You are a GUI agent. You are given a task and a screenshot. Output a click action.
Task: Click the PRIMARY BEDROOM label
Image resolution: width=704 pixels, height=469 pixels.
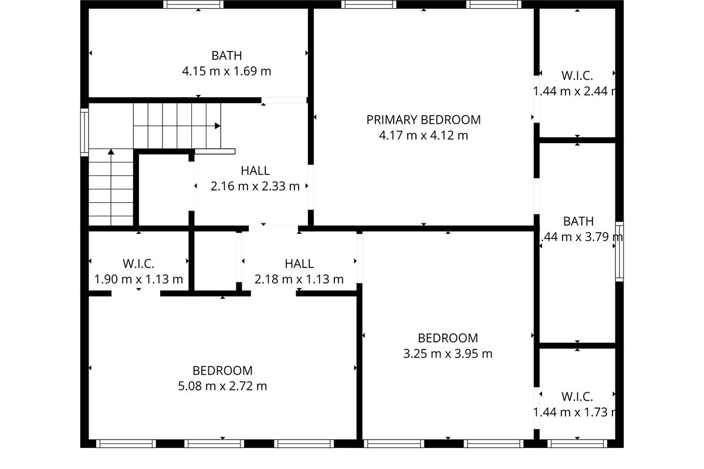423,120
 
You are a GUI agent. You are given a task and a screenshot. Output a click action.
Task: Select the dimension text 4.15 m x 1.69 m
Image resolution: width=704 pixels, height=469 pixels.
226,72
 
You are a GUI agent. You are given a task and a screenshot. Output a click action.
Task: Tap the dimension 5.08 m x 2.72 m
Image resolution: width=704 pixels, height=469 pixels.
222,386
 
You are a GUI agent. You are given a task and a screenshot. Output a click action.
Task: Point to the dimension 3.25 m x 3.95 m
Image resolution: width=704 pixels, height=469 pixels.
448,354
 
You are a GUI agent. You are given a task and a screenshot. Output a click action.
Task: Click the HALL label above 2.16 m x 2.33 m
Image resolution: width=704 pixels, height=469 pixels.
255,171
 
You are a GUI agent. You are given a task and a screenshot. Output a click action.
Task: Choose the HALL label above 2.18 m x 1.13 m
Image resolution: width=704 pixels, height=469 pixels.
299,264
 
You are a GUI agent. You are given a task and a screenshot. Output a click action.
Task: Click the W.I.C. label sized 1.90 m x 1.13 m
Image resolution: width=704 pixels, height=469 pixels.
138,264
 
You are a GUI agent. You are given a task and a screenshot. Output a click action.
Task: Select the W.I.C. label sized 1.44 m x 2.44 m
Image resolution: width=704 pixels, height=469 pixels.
577,76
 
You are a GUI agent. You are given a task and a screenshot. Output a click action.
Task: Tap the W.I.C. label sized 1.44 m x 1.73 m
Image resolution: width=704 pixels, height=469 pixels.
577,396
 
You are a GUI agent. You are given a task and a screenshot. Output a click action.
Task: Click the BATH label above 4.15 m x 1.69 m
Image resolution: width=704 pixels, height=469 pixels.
226,56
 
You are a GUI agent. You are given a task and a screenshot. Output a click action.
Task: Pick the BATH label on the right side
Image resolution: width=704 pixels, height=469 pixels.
578,221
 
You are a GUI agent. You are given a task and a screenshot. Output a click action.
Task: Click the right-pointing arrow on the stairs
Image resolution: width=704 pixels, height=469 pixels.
217,125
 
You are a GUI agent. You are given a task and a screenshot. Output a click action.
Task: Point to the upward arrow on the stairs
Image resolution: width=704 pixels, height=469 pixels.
111,152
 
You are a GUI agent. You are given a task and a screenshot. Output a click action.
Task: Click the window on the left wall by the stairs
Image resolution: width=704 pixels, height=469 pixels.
84,133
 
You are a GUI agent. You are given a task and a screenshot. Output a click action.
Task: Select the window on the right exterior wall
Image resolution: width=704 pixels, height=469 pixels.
619,252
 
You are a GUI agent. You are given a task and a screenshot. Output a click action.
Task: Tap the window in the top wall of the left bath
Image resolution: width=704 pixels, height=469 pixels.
193,5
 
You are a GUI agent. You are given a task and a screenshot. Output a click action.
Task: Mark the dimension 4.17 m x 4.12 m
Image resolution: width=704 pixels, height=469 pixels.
423,136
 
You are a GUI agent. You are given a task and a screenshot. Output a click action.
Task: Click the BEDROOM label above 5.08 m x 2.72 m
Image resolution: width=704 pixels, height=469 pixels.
222,371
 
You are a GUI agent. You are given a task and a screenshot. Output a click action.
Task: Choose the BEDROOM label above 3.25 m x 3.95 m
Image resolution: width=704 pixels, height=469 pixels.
448,338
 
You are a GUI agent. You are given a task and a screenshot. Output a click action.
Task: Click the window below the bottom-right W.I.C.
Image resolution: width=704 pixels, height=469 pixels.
577,443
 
